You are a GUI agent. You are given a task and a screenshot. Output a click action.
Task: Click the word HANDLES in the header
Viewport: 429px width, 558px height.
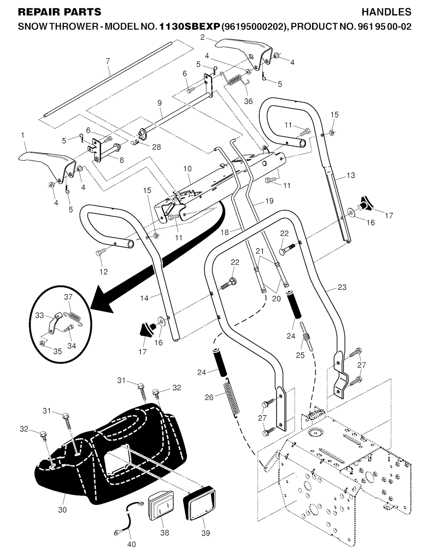[x=386, y=12]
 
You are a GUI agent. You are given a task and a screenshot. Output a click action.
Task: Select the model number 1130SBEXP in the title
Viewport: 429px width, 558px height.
[x=189, y=27]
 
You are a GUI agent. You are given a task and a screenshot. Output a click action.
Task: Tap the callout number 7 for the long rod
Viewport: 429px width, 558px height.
[x=108, y=61]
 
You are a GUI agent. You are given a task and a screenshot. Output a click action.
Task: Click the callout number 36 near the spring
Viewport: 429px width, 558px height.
[x=248, y=101]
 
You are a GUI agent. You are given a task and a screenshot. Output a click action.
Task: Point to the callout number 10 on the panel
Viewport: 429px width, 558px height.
[x=187, y=169]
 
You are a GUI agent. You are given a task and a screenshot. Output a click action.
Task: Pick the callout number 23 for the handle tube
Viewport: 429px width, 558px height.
[x=342, y=287]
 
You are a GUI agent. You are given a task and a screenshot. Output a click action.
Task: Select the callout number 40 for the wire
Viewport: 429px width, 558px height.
[x=131, y=544]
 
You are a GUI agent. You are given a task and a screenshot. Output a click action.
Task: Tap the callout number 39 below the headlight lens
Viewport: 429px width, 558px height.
[x=205, y=533]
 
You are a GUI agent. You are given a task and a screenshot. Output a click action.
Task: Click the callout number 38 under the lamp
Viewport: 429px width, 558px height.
[x=164, y=533]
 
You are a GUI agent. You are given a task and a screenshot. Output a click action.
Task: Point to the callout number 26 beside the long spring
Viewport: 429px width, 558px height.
[x=209, y=397]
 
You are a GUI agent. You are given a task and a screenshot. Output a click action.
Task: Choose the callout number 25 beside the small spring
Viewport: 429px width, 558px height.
[x=300, y=355]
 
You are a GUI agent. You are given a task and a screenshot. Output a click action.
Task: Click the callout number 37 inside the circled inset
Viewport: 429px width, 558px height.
[x=68, y=297]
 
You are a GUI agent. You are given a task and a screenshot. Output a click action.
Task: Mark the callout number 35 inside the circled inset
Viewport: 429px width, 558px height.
[x=57, y=351]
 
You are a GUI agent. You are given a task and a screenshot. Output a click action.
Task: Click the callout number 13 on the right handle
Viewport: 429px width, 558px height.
[x=350, y=175]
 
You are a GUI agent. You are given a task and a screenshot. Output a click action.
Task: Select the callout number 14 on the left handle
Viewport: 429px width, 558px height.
[x=145, y=298]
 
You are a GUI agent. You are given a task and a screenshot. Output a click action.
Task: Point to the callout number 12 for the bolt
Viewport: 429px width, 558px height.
[x=103, y=272]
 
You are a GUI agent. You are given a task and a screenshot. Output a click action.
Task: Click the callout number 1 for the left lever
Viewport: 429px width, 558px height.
[x=22, y=135]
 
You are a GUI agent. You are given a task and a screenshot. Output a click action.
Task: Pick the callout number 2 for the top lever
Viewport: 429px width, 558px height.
[x=202, y=37]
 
